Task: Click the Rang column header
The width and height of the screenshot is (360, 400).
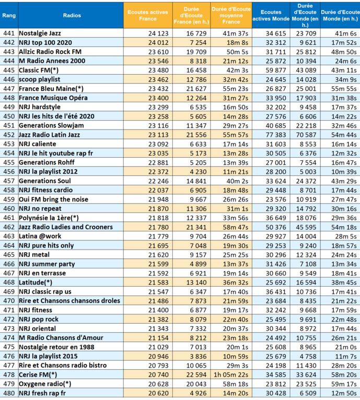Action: tap(8, 15)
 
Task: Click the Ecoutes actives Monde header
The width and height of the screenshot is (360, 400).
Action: tap(271, 15)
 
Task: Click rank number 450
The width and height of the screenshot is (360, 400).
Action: tap(8, 116)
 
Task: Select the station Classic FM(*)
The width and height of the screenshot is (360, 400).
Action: tap(38, 70)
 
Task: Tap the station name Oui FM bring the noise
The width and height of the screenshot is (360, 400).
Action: tap(51, 199)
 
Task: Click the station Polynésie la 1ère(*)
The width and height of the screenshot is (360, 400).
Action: tap(49, 217)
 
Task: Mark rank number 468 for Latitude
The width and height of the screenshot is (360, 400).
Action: tap(8, 282)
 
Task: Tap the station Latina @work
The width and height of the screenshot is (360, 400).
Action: tap(40, 236)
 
